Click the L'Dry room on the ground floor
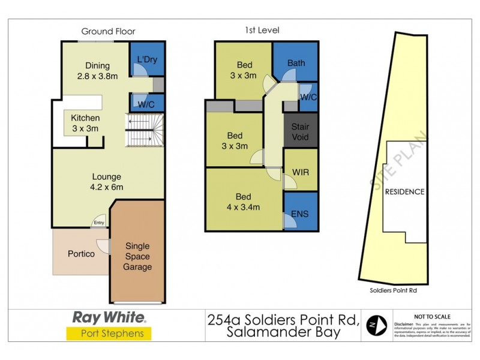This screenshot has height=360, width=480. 146,60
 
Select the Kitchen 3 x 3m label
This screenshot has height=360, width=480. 85,123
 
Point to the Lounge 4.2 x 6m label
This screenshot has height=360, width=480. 107,182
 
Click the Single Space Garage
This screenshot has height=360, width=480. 138,256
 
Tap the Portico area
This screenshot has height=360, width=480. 80,254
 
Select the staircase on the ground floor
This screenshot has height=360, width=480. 144,131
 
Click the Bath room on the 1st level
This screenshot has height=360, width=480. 296,62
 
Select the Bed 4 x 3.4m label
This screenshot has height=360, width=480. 244,202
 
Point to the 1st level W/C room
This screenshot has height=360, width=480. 308,97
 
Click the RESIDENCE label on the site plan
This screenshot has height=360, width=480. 404,192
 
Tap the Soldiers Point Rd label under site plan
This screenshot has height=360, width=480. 392,290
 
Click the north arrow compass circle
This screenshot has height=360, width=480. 376,325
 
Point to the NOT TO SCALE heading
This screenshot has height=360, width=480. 433,316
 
